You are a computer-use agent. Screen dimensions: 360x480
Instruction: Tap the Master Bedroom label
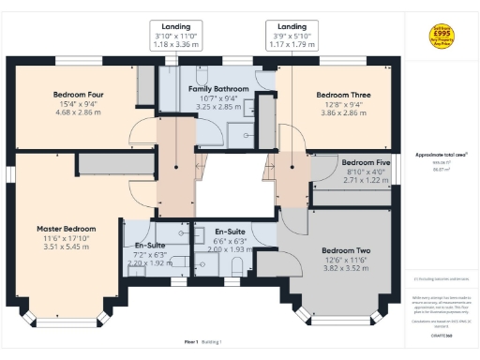[x=67, y=229]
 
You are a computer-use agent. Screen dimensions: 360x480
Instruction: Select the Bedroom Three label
[x=344, y=96]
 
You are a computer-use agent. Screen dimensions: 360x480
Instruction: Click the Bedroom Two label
[x=346, y=250]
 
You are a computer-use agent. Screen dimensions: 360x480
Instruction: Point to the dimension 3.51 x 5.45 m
[x=67, y=247]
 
